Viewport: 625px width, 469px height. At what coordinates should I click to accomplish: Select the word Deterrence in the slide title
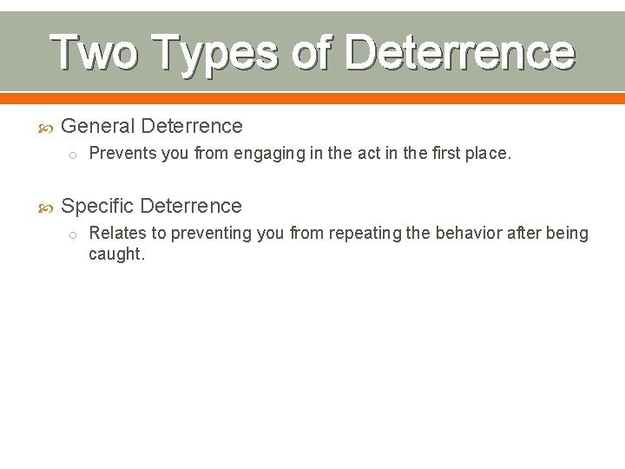459,52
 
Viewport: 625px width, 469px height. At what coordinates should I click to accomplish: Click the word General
98,126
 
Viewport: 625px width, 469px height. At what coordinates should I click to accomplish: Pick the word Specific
97,206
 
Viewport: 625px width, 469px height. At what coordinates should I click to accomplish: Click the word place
487,155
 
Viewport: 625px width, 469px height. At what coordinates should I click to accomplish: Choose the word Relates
118,233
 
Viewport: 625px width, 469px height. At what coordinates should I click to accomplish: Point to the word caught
116,254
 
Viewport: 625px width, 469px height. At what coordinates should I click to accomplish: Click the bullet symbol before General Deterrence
47,127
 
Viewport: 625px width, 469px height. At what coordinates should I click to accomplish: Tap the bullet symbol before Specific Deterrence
47,207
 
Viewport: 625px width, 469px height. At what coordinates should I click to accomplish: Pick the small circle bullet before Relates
74,234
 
